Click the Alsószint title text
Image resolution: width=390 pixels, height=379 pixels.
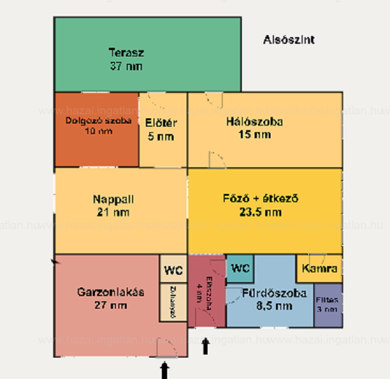(289, 40)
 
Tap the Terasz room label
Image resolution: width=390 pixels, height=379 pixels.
(126, 52)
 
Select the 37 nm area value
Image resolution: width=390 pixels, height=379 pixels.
(126, 66)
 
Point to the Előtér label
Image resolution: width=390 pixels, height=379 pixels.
(161, 123)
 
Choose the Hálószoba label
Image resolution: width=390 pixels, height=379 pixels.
(255, 122)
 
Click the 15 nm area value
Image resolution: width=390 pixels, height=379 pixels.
(255, 134)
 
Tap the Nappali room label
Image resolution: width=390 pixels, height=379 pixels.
(113, 199)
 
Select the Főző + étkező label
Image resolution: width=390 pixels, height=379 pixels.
(261, 199)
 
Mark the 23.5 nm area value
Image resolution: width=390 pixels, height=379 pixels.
(261, 212)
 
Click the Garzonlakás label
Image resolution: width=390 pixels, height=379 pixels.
(111, 292)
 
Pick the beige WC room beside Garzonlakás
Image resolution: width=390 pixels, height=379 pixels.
(173, 269)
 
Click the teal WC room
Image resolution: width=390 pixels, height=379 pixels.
(240, 268)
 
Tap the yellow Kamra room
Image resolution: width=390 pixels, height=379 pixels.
(319, 268)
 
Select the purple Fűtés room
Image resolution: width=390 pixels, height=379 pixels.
(328, 305)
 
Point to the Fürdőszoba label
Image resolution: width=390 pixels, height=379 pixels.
(274, 293)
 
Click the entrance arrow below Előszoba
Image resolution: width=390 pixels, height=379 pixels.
(206, 346)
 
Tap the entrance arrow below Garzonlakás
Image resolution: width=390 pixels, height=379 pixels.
(165, 370)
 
